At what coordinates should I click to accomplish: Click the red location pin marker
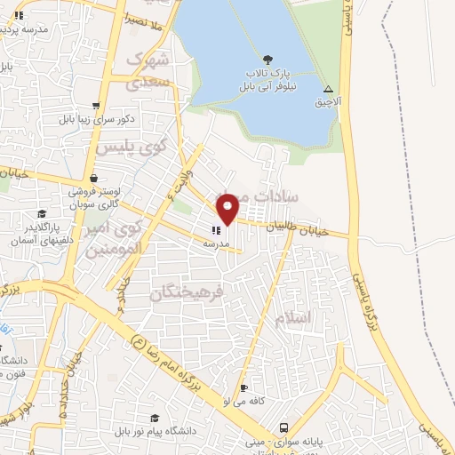[x=228, y=208]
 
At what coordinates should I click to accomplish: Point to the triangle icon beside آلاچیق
[x=329, y=89]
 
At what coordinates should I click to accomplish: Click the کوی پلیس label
[x=120, y=149]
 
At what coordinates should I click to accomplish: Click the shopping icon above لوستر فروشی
[x=94, y=177]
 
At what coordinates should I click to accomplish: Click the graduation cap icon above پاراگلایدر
[x=42, y=213]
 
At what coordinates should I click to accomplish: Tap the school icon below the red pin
[x=217, y=230]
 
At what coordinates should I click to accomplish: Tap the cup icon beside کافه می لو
[x=243, y=388]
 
